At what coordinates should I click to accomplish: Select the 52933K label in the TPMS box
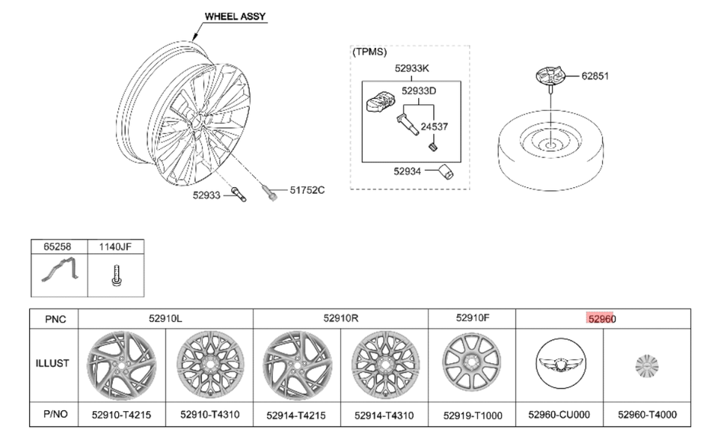[412, 69]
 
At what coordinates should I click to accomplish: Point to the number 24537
[434, 127]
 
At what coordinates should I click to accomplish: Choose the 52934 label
[409, 171]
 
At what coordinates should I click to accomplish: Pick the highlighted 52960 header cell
[601, 318]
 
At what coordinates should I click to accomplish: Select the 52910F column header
[472, 318]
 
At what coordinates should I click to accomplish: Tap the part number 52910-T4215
[122, 414]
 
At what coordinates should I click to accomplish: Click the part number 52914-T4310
[384, 414]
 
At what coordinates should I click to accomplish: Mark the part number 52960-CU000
[559, 414]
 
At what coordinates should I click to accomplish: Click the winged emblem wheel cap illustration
[559, 365]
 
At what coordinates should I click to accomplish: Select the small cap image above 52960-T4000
[646, 365]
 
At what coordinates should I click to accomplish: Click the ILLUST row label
[53, 364]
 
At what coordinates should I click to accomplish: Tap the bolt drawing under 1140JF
[114, 276]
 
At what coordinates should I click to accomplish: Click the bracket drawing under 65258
[58, 276]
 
